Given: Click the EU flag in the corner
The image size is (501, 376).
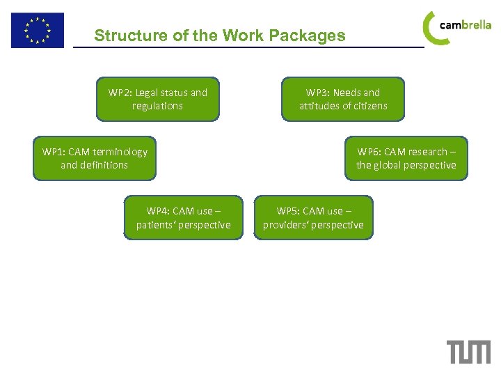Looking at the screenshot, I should tap(37, 30).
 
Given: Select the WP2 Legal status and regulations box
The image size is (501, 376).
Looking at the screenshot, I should tap(158, 99).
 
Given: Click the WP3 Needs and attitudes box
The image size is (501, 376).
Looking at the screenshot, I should tap(343, 99).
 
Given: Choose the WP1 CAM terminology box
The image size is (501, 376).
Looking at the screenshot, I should tap(95, 158).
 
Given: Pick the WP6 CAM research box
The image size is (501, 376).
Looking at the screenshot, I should tap(406, 158).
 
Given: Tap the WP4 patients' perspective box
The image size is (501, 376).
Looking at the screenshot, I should tap(184, 217).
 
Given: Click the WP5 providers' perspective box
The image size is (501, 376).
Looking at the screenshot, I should tap(313, 217).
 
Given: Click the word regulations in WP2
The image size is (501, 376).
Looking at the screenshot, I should tap(158, 106).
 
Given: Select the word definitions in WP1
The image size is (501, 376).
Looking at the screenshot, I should tap(104, 165).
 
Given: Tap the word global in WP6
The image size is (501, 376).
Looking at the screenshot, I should tap(388, 165).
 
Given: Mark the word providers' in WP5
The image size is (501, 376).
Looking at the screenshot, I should tap(285, 225).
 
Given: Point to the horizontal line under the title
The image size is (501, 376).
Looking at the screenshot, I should tap(248, 47).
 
